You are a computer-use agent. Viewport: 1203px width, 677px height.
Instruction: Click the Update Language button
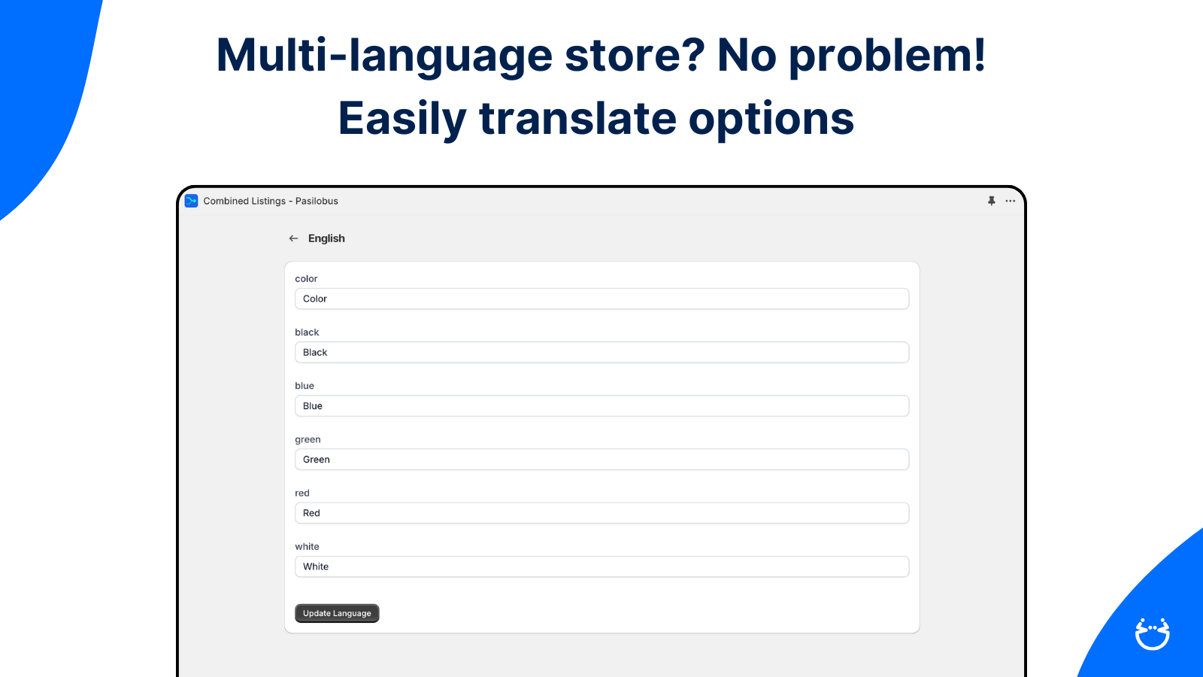[337, 613]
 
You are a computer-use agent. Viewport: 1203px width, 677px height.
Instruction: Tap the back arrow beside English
[293, 238]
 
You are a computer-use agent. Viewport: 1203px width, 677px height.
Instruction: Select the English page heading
[326, 238]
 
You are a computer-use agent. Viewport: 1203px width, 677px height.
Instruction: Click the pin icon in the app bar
[992, 201]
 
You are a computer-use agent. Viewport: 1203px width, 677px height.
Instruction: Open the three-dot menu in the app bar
[1011, 201]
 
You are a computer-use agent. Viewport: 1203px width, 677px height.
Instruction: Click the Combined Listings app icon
[191, 201]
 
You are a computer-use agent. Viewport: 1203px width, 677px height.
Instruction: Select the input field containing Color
[601, 299]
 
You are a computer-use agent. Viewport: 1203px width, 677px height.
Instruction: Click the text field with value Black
[601, 353]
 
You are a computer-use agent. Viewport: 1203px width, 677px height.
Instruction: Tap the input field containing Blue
[601, 405]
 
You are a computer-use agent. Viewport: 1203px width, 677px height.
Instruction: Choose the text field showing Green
[601, 460]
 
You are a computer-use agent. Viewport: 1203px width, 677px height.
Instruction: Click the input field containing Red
[601, 513]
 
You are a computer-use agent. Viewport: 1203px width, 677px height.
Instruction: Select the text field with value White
[601, 566]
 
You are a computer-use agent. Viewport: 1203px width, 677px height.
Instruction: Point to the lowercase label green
[308, 439]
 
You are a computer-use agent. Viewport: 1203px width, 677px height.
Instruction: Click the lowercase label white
[307, 546]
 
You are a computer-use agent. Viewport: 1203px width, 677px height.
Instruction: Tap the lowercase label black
[307, 332]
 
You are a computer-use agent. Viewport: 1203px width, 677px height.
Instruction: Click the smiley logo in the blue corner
[1153, 634]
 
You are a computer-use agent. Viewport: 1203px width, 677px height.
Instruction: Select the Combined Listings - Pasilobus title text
[271, 201]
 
